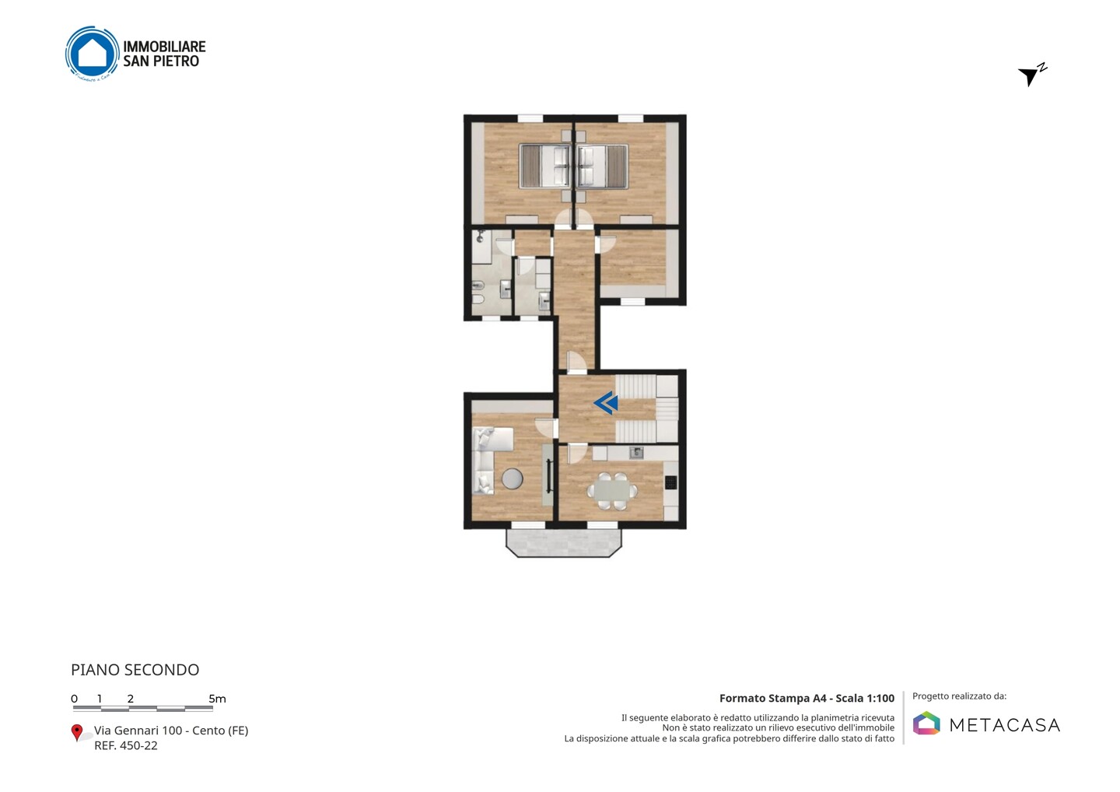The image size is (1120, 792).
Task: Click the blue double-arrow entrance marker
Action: [606, 403]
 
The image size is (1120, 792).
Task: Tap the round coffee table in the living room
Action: [512, 478]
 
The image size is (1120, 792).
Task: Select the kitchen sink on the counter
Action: [636, 453]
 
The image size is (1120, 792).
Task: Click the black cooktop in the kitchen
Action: [670, 482]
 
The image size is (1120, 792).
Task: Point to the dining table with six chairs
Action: [612, 491]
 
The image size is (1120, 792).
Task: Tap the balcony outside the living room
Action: [563, 543]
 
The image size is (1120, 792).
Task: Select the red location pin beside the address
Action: [76, 733]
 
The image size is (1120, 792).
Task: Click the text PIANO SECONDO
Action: [135, 670]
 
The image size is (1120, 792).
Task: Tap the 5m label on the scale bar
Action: [217, 699]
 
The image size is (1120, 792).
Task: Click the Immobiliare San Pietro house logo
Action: [93, 54]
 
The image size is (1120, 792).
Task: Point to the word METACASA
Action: [1005, 725]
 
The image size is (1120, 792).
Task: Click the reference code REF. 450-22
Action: [126, 745]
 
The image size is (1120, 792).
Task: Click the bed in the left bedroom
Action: [545, 166]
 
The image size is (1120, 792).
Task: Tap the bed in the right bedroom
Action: [602, 166]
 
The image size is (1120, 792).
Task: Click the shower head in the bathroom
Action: [481, 235]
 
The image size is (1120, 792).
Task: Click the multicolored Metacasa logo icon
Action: [926, 723]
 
